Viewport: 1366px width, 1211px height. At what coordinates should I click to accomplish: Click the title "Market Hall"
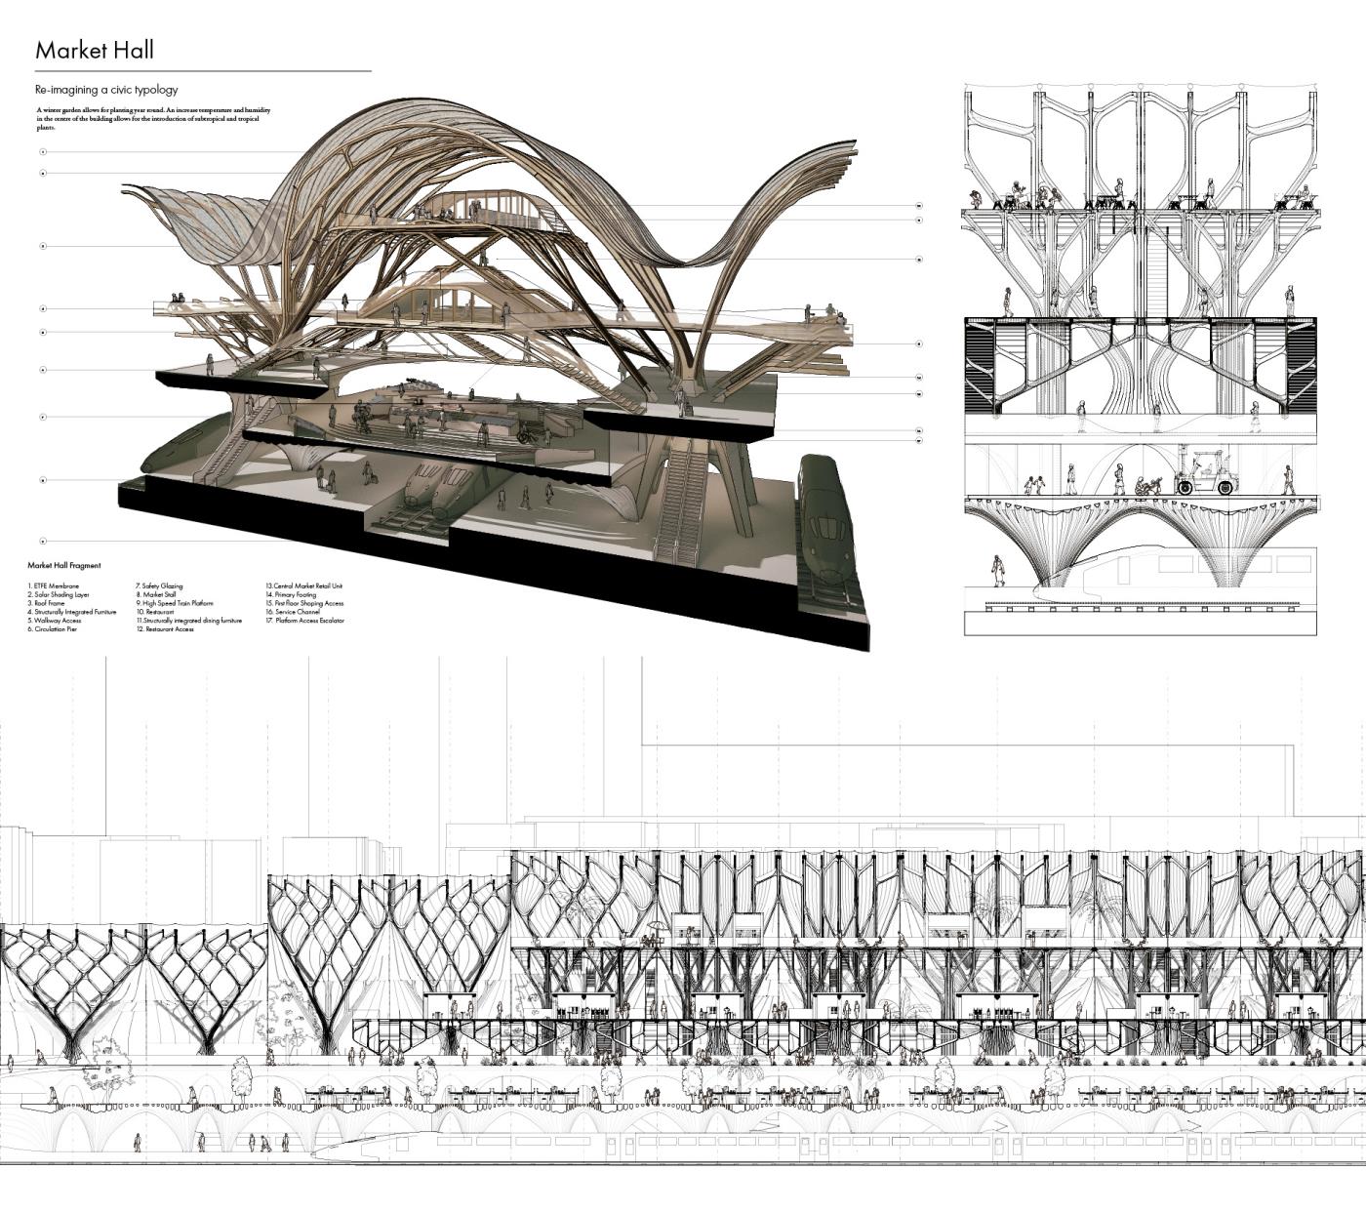point(94,50)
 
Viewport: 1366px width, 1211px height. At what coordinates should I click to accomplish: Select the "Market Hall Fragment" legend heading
point(63,565)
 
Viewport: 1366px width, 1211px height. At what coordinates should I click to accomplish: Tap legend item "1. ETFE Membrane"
point(54,586)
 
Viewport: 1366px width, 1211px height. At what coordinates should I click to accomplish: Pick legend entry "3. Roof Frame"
point(46,604)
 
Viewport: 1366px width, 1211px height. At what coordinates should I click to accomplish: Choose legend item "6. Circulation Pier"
point(53,629)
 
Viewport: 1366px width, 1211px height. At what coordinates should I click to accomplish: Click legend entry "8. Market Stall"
point(155,594)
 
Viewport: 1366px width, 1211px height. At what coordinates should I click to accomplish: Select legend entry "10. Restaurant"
point(154,612)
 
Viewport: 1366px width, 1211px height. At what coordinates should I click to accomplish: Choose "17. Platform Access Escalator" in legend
point(304,621)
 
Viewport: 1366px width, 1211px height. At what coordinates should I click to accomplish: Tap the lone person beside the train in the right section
point(998,570)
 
